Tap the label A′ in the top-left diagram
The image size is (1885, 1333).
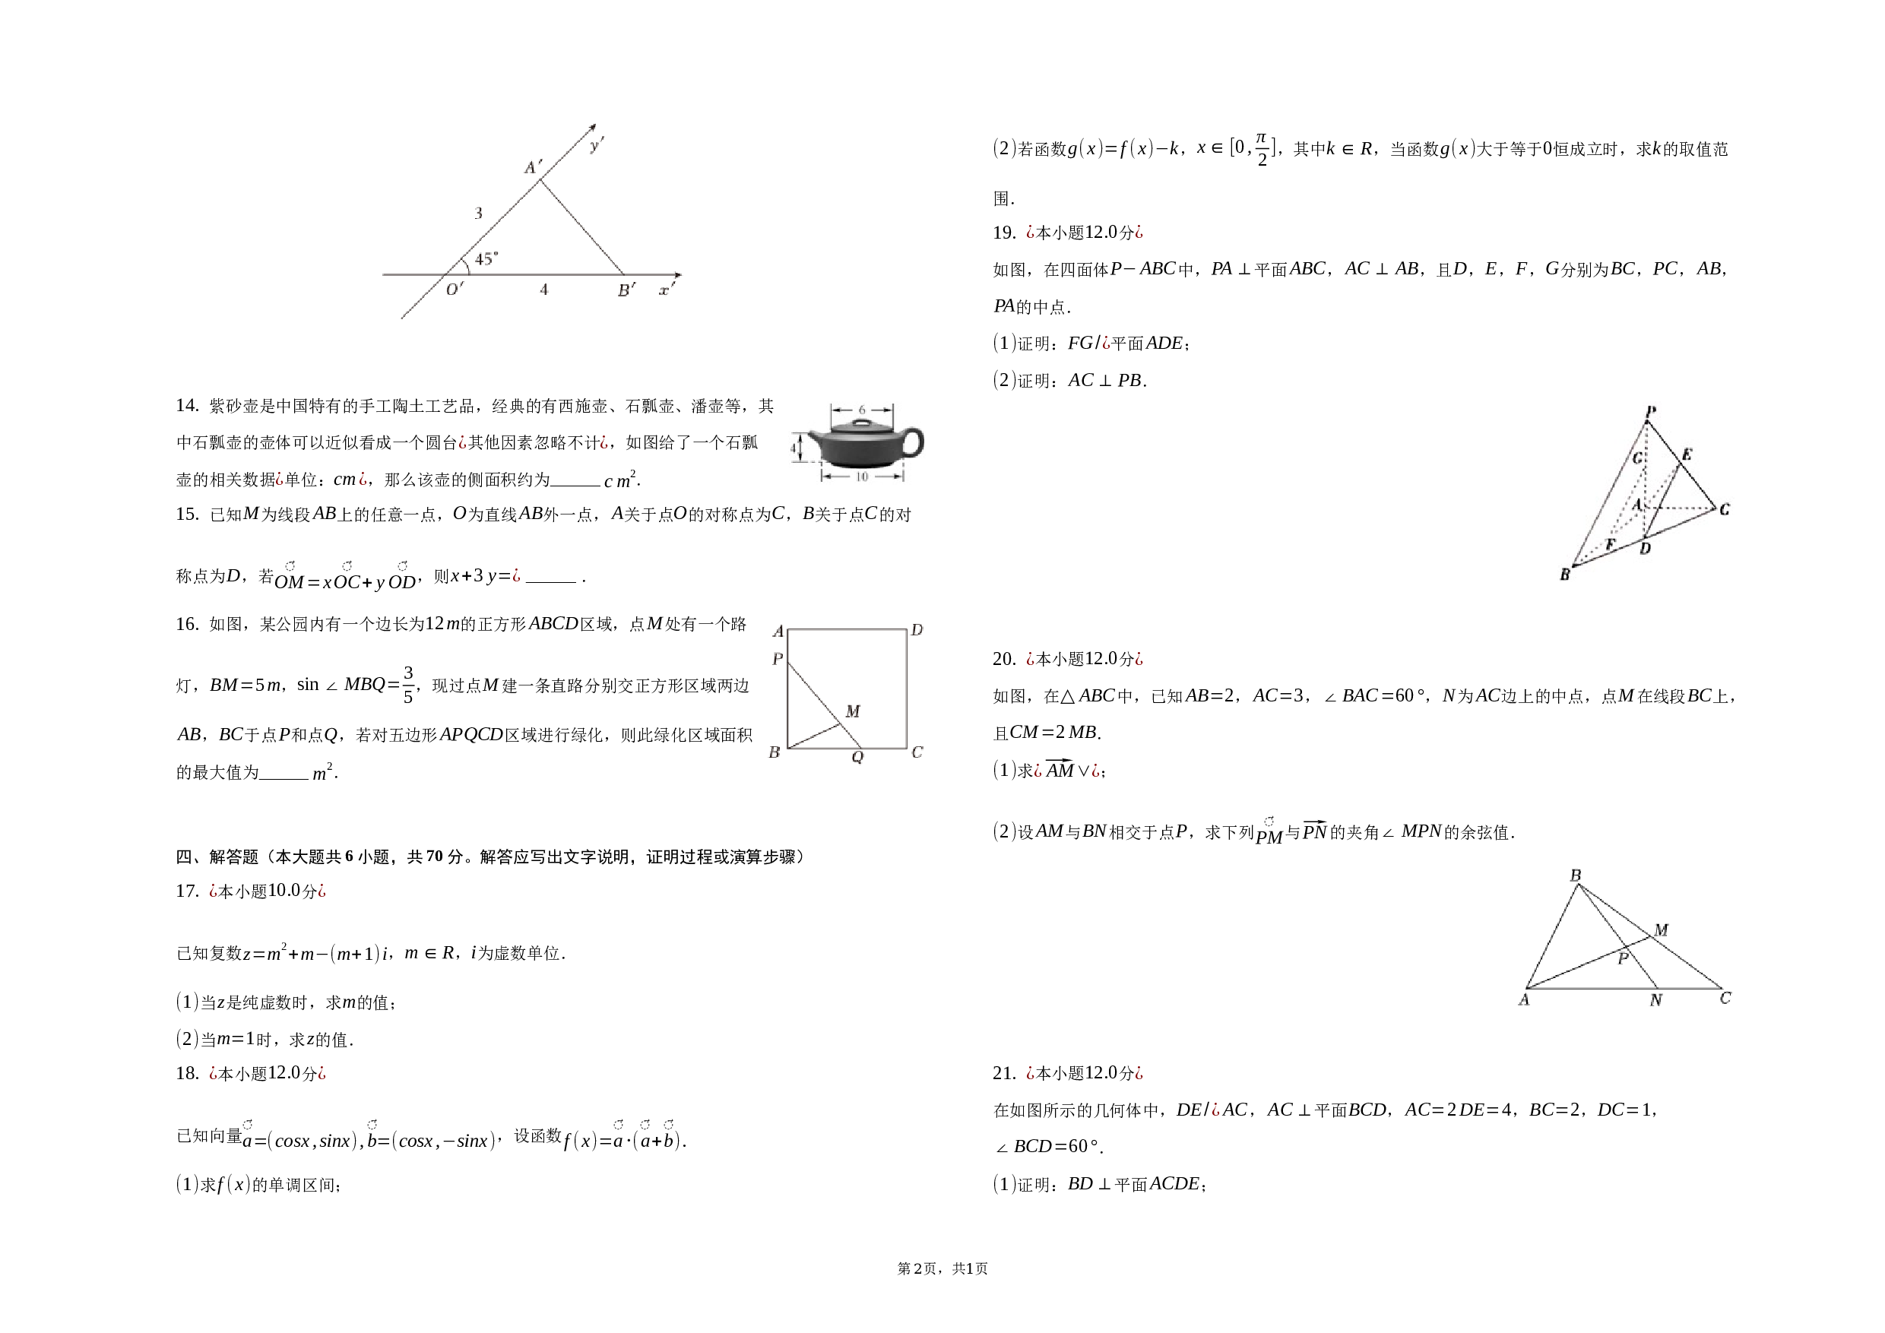pyautogui.click(x=534, y=167)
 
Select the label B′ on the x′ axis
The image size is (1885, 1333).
pyautogui.click(x=626, y=290)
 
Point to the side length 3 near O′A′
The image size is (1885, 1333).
pyautogui.click(x=479, y=214)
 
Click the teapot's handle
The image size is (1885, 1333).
pyautogui.click(x=913, y=442)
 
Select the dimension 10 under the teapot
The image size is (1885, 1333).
pyautogui.click(x=861, y=476)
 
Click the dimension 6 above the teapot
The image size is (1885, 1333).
pyautogui.click(x=861, y=410)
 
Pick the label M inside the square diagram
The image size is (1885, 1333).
pyautogui.click(x=853, y=711)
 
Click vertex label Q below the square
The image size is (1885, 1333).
pyautogui.click(x=857, y=757)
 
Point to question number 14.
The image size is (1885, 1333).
pyautogui.click(x=187, y=406)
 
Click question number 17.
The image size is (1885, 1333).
pyautogui.click(x=187, y=891)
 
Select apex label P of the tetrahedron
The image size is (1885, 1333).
pyautogui.click(x=1651, y=411)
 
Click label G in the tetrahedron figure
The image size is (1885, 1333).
pyautogui.click(x=1638, y=458)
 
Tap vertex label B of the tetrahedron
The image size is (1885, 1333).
pyautogui.click(x=1565, y=575)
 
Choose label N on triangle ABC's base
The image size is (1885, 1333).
pyautogui.click(x=1656, y=1000)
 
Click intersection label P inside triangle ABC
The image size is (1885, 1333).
pyautogui.click(x=1622, y=958)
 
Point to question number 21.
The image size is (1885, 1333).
pyautogui.click(x=1004, y=1074)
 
